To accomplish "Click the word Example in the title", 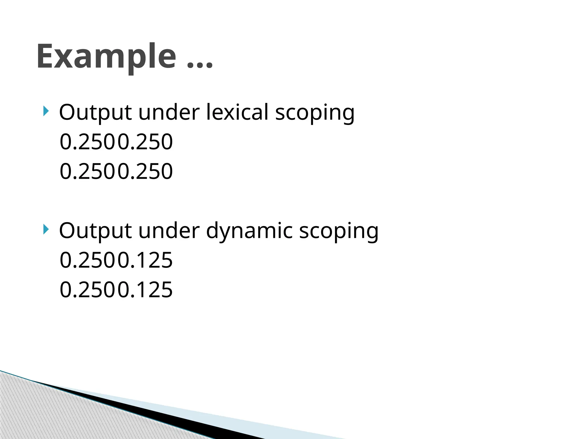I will coord(106,57).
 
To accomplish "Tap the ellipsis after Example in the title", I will coord(200,65).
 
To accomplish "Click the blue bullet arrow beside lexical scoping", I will coord(46,111).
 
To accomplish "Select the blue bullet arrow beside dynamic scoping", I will coord(46,229).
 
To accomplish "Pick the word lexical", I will coord(237,112).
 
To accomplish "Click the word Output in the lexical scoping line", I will coord(95,112).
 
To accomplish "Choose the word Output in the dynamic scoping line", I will coord(95,231).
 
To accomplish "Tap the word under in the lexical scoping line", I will coord(169,112).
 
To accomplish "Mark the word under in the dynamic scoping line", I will coord(169,230).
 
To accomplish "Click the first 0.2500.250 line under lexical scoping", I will coord(116,142).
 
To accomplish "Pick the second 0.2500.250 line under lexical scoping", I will coord(116,171).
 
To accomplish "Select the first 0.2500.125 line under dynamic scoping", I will coord(116,260).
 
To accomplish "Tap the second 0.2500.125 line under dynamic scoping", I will coord(116,290).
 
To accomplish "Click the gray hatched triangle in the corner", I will coord(43,414).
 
